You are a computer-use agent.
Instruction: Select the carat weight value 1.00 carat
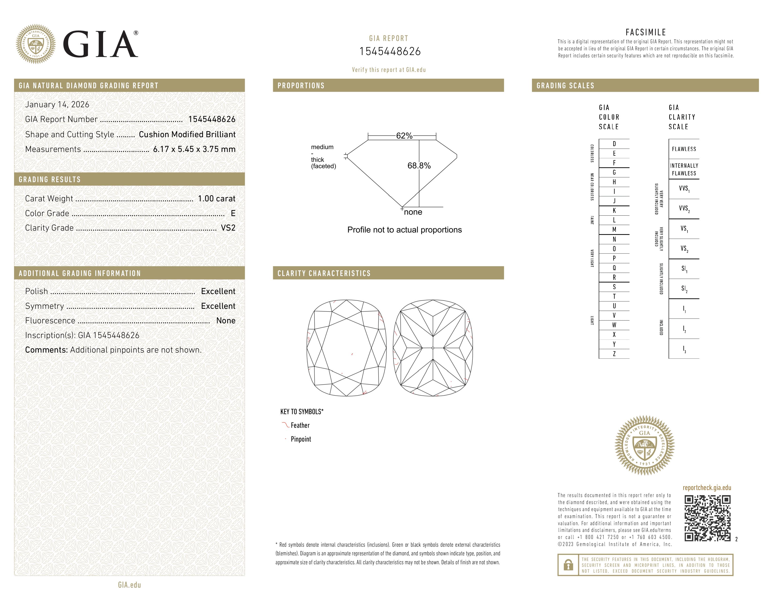(216, 198)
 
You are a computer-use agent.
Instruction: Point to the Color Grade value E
(233, 213)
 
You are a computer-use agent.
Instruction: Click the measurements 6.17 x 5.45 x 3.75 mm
(194, 149)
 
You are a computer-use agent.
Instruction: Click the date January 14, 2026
(57, 104)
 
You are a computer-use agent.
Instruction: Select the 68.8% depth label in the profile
(419, 166)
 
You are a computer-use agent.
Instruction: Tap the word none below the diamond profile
(413, 212)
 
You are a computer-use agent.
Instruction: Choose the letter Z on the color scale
(614, 354)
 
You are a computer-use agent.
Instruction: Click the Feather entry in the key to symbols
(300, 425)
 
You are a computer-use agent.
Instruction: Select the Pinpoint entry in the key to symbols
(301, 439)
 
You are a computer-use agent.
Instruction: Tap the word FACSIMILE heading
(646, 32)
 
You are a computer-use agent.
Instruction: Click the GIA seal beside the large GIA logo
(35, 44)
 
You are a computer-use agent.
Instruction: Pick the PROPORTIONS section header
(301, 86)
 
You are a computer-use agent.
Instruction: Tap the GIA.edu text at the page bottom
(129, 585)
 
